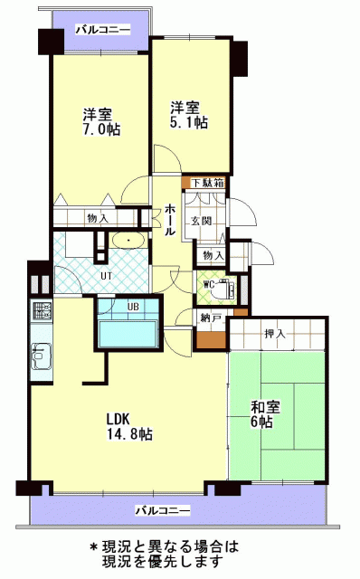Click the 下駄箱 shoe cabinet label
pos(208,183)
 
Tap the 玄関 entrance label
pos(201,221)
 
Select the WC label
pos(209,285)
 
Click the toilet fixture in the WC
pos(225,288)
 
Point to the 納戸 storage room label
pos(211,318)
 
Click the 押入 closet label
pos(275,334)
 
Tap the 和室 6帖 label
pos(265,414)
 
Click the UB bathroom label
pos(133,307)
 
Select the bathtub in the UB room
pos(128,334)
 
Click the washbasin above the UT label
pos(128,241)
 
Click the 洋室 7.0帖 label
pos(100,122)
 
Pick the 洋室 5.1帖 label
pos(188,115)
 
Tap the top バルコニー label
pos(103,30)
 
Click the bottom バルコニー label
pos(163,510)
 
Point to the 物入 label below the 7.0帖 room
pos(98,218)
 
